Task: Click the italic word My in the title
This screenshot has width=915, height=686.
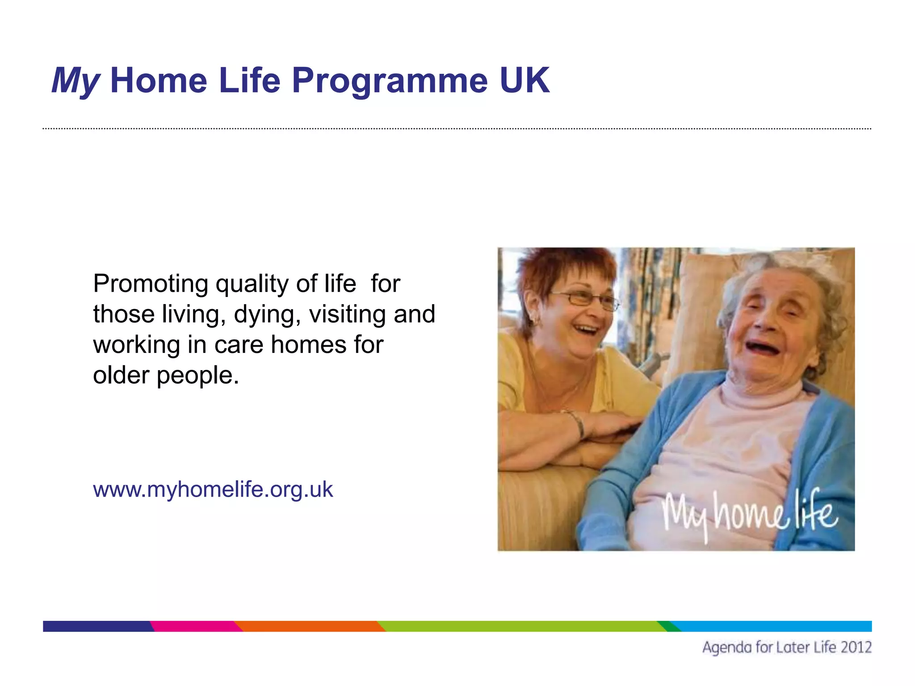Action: pos(75,81)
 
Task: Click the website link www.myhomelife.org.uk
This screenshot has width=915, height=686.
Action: pos(213,489)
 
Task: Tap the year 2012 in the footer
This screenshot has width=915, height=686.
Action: pos(855,647)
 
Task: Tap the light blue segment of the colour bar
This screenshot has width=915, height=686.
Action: pos(773,626)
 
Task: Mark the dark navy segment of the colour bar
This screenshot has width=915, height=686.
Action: pos(96,626)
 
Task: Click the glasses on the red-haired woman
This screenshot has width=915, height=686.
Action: pos(585,299)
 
